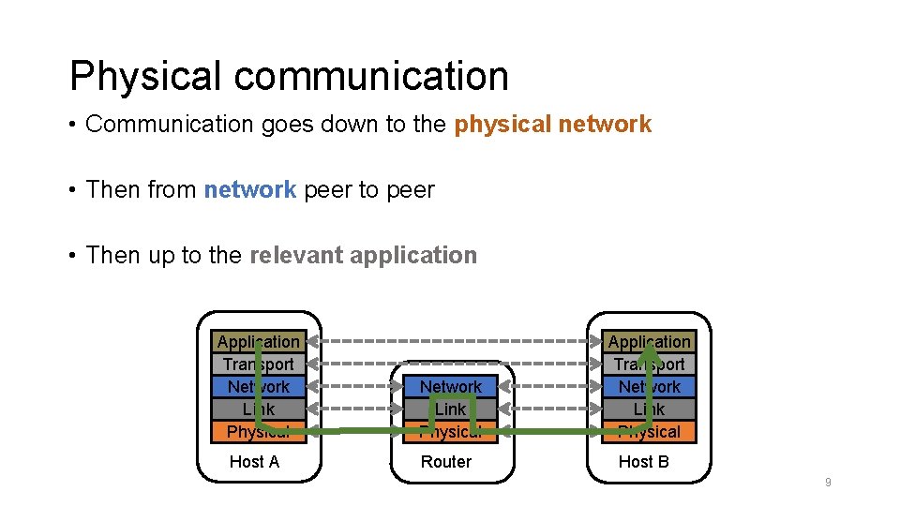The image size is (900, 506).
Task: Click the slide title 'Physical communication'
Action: pyautogui.click(x=289, y=76)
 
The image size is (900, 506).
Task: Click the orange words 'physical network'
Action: pyautogui.click(x=552, y=124)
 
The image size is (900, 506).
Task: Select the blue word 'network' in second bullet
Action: pyautogui.click(x=249, y=189)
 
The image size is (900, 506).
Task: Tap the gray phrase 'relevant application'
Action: pyautogui.click(x=363, y=255)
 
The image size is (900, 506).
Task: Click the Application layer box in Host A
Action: pyautogui.click(x=259, y=342)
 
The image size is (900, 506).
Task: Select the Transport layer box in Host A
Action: pyautogui.click(x=259, y=365)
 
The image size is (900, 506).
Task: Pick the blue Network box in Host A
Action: pyautogui.click(x=259, y=387)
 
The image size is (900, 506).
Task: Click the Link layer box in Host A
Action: pyautogui.click(x=259, y=409)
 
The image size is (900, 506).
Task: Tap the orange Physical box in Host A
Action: pyautogui.click(x=259, y=432)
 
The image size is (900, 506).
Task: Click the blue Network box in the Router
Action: pyautogui.click(x=451, y=387)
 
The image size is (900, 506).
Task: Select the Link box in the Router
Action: pyautogui.click(x=451, y=409)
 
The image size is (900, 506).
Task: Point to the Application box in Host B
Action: pyautogui.click(x=649, y=342)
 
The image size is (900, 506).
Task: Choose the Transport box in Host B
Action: pyautogui.click(x=649, y=365)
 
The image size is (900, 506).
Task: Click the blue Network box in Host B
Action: pyautogui.click(x=649, y=387)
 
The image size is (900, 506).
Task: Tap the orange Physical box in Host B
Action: pyautogui.click(x=649, y=432)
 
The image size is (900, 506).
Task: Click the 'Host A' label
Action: pyautogui.click(x=254, y=462)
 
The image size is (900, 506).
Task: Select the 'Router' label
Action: pyautogui.click(x=446, y=462)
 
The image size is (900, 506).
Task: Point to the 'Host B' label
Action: pyautogui.click(x=643, y=462)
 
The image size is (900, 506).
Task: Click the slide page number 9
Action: pyautogui.click(x=828, y=483)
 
